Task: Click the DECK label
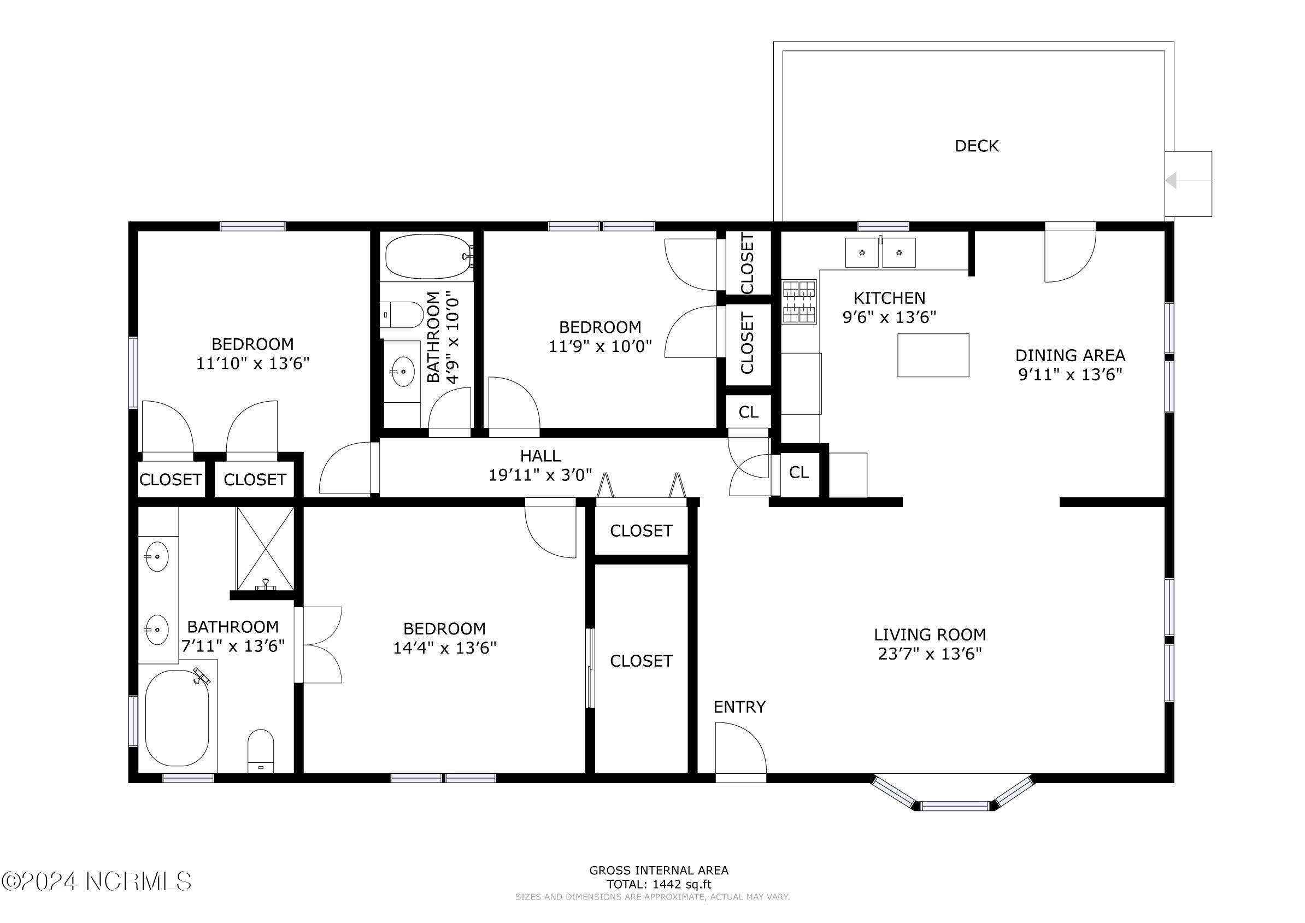pos(977,146)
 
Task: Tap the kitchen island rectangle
pos(933,355)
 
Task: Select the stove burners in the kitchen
pos(800,302)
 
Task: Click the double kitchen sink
pos(880,252)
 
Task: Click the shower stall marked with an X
pos(265,549)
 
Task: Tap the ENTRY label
pos(739,707)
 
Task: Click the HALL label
pos(540,456)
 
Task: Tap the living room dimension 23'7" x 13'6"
pos(930,654)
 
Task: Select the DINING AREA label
pos(1070,356)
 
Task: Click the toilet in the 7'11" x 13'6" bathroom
pos(261,751)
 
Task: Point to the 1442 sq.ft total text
pos(659,884)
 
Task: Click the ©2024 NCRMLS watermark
pos(97,881)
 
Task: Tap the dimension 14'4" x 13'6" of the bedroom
pos(444,648)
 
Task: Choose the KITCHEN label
pos(890,298)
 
